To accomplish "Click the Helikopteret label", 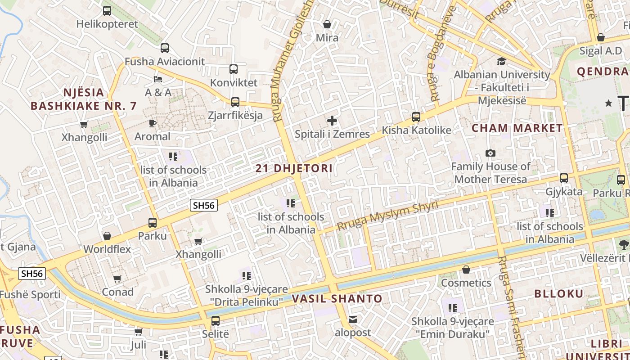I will [x=107, y=24].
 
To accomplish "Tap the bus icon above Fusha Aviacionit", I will [x=165, y=48].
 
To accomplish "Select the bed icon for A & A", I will [x=158, y=79].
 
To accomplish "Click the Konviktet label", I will [x=234, y=83].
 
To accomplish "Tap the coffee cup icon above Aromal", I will [x=153, y=123].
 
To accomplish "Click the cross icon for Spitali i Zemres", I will [x=332, y=120].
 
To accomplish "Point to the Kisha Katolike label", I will [x=416, y=130].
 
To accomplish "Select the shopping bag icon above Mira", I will [x=327, y=24].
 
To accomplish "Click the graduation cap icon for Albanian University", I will [x=501, y=61].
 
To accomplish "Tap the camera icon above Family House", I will [x=490, y=153].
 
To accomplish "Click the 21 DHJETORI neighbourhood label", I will [x=294, y=169].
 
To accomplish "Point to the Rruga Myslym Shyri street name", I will [x=387, y=216].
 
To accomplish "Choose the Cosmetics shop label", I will [x=466, y=283].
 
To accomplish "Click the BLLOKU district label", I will [x=559, y=294].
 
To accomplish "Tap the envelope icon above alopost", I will [x=353, y=319].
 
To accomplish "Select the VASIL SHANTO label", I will [x=337, y=299].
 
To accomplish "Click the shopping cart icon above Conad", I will [x=117, y=279].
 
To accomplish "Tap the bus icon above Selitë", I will [x=216, y=321].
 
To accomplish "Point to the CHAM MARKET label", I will [x=517, y=128].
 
